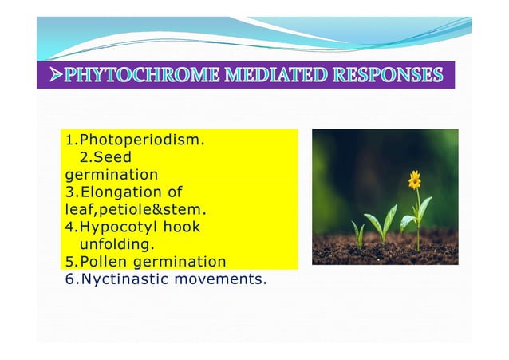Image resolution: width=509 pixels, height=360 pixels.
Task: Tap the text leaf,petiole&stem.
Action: coord(136,210)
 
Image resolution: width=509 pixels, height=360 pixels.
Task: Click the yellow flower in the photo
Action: coord(414,180)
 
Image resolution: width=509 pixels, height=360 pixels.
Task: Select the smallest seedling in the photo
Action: coord(358,233)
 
